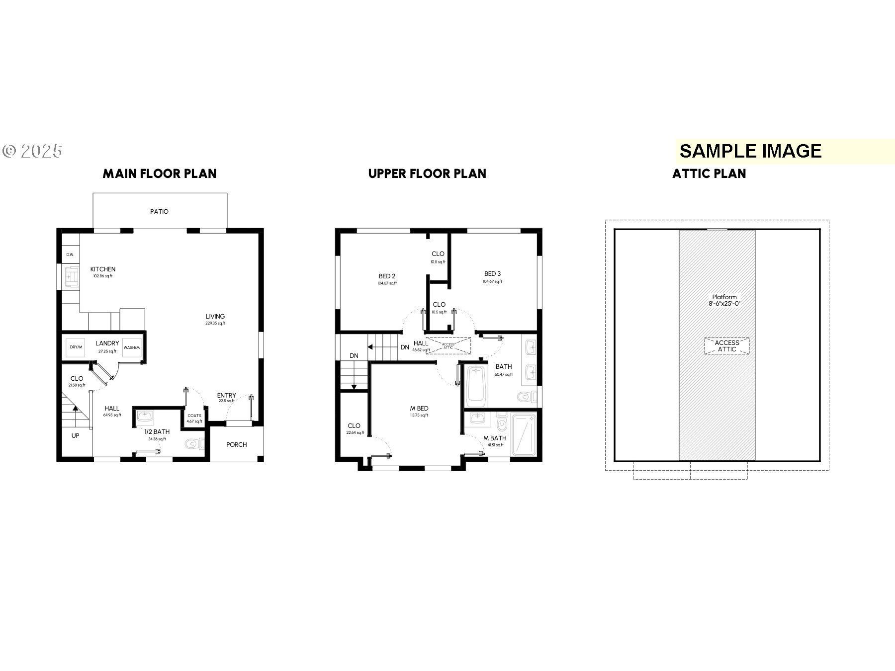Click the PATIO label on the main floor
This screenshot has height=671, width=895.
coord(159,211)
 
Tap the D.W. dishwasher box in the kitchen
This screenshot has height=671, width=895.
coord(70,254)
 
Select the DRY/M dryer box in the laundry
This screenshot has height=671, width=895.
coord(76,347)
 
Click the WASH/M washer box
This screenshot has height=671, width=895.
coord(132,347)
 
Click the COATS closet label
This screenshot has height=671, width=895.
coord(194,416)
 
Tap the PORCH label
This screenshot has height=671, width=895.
coord(236,444)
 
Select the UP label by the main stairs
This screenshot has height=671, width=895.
coord(75,435)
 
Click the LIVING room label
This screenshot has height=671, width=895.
coord(215,316)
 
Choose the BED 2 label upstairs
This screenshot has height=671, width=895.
coord(387,276)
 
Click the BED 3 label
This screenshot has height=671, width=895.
coord(492,274)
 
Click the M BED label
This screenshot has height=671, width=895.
coord(419,409)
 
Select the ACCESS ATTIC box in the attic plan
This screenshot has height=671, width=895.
coord(726,346)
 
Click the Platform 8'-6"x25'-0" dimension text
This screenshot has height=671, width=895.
coord(724,300)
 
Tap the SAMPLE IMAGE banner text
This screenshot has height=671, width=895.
coord(750,151)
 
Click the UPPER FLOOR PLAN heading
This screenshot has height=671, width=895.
coord(427,173)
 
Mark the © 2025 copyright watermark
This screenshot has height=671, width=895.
coord(33,151)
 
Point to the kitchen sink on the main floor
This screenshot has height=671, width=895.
coord(72,276)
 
